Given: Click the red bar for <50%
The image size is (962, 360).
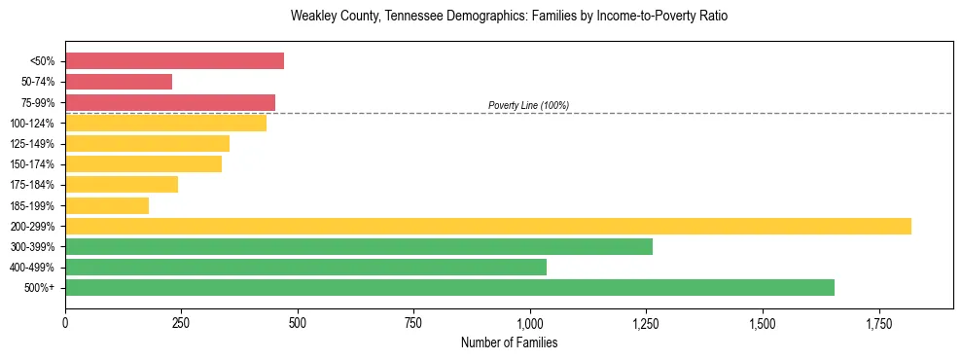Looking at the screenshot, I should coord(174,61).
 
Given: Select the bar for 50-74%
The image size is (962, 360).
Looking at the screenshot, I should coord(119,82).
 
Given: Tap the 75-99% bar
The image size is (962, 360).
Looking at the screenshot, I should coord(170,102).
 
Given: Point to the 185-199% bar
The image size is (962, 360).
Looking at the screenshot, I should coord(107,205).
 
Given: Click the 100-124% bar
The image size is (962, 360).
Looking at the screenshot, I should coord(165,124).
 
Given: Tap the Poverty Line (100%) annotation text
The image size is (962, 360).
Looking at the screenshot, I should coord(528,105).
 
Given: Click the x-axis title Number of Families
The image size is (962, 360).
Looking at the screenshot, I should coord(509,343).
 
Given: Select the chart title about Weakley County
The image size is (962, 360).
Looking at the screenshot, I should coord(509,17).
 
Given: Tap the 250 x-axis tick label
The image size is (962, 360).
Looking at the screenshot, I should coord(181,323).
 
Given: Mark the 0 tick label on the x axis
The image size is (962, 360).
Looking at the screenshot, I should coord(65,323).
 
